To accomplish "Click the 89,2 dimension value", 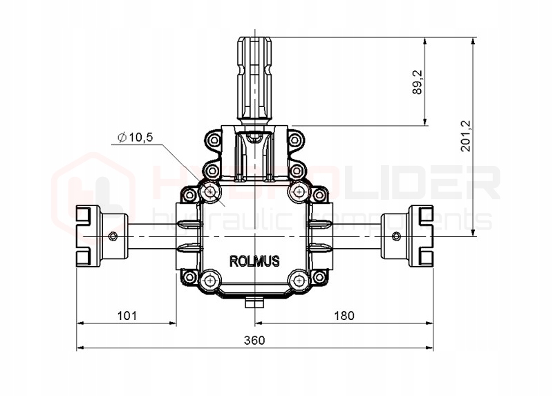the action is click(417, 82).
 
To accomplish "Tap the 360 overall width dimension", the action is click(256, 340).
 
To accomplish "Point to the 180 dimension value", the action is click(344, 315).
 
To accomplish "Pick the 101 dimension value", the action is click(126, 315).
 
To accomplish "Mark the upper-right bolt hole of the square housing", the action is click(299, 190).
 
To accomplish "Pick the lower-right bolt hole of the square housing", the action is click(299, 281).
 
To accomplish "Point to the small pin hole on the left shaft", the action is click(113, 238).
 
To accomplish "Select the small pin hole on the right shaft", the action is click(396, 237).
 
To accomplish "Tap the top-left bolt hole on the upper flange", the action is click(214, 141).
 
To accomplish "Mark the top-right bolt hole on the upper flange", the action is click(295, 141).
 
